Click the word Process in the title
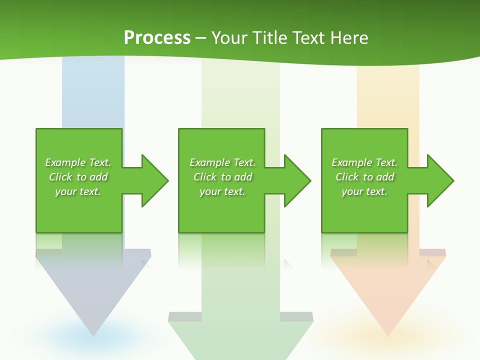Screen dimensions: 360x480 coord(157,38)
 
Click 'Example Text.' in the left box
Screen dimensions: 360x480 coord(78,162)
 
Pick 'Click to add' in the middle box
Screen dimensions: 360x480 coord(223,177)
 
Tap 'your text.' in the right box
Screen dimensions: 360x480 coord(364,191)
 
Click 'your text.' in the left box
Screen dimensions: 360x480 coord(78,191)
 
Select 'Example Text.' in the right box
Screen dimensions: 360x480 coord(364,162)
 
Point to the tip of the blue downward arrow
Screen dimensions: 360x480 coord(93,333)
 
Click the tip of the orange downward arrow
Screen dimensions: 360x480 coord(388,333)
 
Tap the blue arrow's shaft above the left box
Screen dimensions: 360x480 coord(93,95)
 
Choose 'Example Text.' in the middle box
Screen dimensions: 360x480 coord(222,162)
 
